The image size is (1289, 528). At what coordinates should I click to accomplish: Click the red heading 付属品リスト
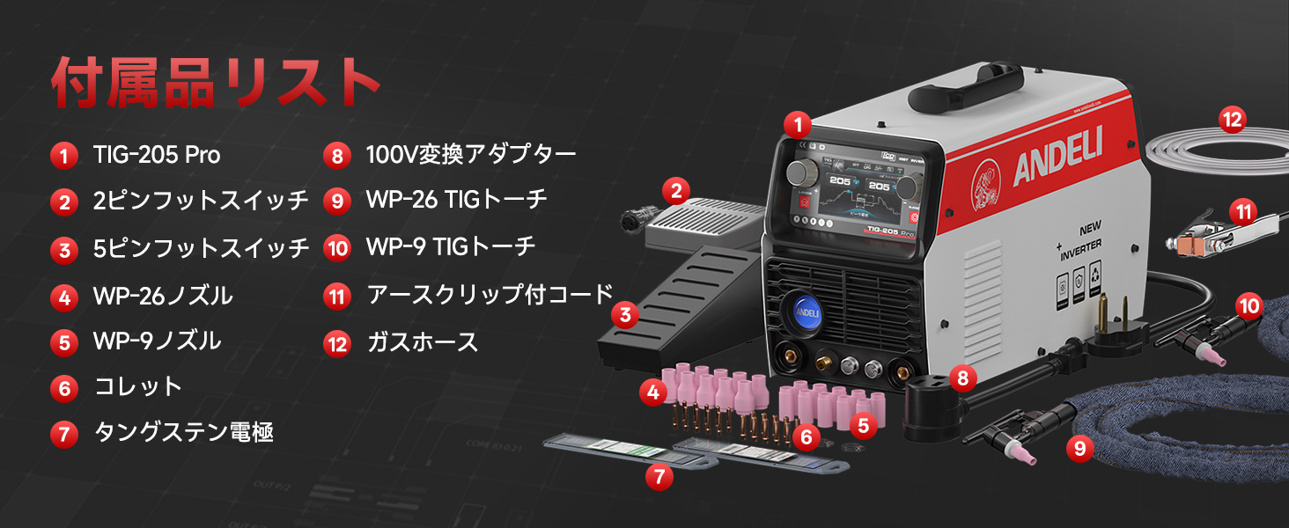[216, 83]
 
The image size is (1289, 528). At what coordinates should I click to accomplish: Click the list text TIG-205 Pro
[157, 156]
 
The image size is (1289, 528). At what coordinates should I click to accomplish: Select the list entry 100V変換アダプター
[471, 156]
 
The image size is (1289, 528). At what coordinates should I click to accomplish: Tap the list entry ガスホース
[423, 342]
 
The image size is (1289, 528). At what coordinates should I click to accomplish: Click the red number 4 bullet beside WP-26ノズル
[63, 297]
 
